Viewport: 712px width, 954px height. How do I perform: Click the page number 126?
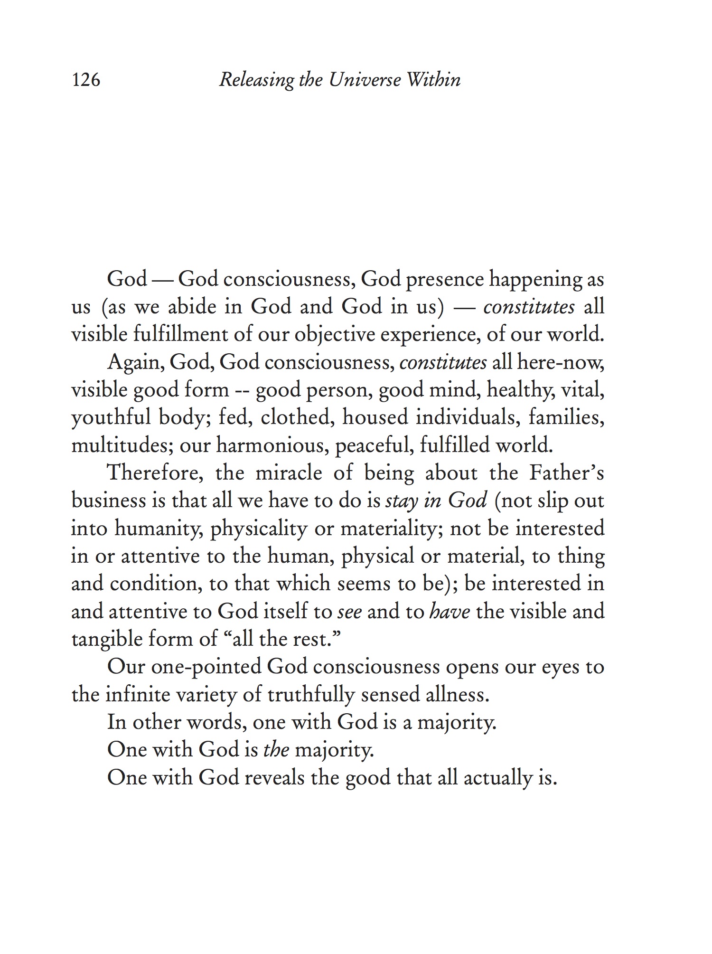point(86,80)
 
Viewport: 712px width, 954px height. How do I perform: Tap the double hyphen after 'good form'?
point(243,391)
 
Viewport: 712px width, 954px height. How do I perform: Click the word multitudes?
point(121,446)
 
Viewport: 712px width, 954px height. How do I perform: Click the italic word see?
point(349,612)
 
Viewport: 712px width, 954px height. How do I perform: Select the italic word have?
point(450,612)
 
